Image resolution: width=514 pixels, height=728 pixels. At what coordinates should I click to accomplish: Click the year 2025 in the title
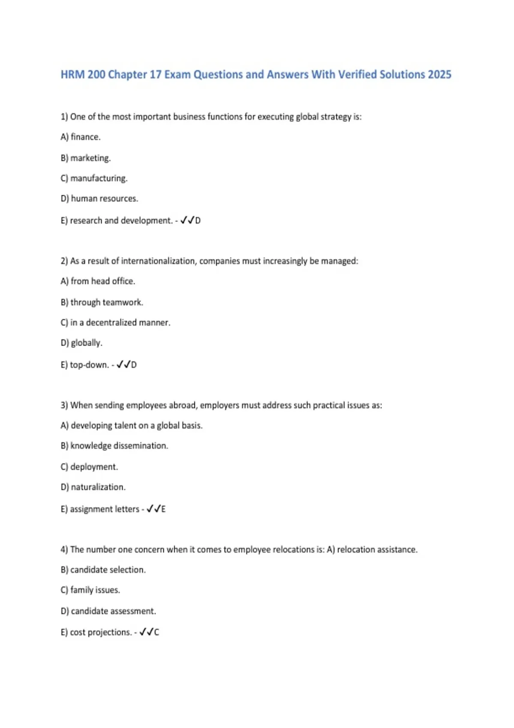439,75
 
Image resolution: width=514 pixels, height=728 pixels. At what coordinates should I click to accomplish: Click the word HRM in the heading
73,75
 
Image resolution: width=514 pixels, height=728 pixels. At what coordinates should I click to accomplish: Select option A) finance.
81,137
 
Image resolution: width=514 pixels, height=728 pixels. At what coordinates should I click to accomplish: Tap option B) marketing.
86,158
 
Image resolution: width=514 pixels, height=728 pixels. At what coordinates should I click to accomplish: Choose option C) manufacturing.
94,178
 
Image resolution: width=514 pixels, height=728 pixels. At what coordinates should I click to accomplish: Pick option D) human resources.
99,199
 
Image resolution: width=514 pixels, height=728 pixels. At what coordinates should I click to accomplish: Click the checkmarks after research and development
187,220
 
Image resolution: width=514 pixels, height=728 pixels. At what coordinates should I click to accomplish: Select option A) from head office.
98,281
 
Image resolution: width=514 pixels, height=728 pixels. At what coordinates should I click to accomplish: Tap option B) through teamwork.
102,302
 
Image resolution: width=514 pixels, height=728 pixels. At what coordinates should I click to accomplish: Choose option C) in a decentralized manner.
116,322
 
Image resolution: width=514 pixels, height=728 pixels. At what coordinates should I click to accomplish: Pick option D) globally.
81,343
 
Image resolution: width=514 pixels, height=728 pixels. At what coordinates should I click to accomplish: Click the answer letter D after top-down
134,365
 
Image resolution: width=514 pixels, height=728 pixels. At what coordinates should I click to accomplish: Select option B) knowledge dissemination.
114,446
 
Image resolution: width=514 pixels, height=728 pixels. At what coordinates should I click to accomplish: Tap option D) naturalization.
93,487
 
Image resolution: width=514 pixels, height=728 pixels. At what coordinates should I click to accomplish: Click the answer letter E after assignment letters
163,509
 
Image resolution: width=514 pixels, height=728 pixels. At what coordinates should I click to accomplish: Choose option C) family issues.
90,590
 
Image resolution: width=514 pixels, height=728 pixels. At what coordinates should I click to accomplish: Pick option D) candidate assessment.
108,611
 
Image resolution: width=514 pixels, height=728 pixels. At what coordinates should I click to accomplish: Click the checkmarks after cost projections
146,632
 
